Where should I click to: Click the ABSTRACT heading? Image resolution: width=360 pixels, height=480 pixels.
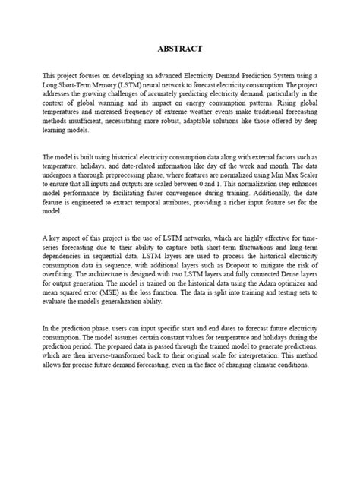[x=180, y=49]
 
